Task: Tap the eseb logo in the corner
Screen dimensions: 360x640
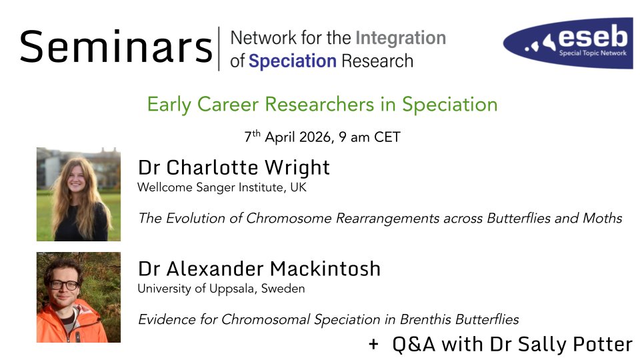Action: pos(567,43)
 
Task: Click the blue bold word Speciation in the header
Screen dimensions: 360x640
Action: pos(292,61)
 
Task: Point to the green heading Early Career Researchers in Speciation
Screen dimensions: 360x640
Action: pos(322,105)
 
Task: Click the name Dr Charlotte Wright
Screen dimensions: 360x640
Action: pos(233,167)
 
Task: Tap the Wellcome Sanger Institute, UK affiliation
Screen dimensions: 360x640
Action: pos(221,187)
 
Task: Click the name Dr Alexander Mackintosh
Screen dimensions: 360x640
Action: pos(259,269)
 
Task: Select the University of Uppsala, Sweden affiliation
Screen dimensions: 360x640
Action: pos(221,289)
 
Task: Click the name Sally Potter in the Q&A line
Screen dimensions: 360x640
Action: pos(591,344)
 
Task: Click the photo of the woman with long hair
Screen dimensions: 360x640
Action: pos(78,194)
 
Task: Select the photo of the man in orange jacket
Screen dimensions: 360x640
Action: pos(78,297)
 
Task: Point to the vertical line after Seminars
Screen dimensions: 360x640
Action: pos(219,48)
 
